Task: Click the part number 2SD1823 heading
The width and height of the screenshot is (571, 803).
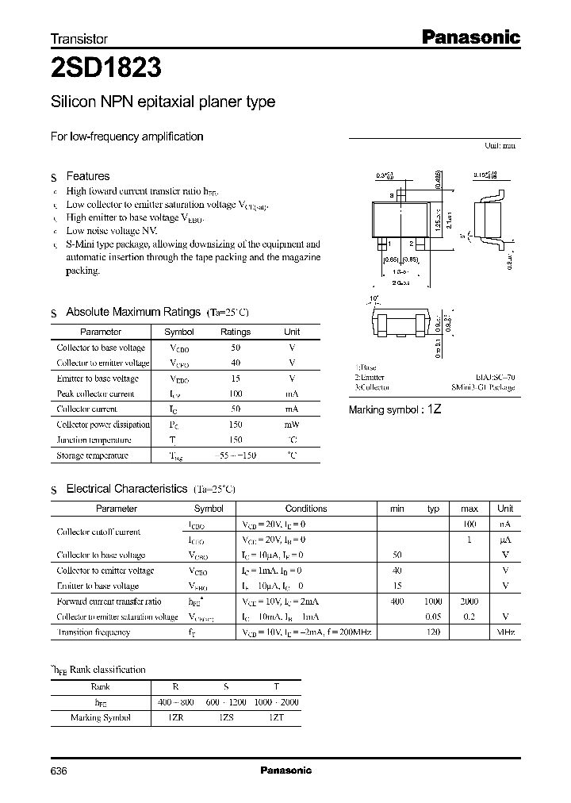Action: point(107,69)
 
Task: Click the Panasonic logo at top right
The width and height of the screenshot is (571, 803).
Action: point(469,36)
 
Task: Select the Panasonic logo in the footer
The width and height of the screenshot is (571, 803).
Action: point(285,770)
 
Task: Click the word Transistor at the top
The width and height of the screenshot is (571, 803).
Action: point(79,38)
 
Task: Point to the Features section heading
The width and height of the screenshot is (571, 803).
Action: point(87,176)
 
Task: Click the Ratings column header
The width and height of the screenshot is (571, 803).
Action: point(236,332)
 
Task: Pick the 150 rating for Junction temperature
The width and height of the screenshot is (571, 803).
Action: point(236,440)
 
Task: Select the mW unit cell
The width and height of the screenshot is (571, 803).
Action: point(292,425)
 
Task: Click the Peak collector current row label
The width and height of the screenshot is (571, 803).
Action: point(96,394)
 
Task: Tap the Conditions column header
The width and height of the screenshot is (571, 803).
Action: point(306,509)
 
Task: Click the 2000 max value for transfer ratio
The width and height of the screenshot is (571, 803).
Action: point(469,602)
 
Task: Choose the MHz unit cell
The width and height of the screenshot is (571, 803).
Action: point(505,632)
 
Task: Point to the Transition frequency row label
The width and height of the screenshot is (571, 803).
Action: point(94,632)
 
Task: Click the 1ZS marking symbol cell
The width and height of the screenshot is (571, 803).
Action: point(228,717)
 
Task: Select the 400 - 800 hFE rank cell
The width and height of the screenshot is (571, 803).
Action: point(176,702)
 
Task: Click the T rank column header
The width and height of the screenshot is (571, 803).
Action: point(275,687)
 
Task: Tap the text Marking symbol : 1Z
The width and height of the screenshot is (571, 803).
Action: point(395,409)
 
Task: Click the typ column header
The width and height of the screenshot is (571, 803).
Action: point(433,509)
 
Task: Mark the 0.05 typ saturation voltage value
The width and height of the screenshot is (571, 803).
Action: point(433,617)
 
